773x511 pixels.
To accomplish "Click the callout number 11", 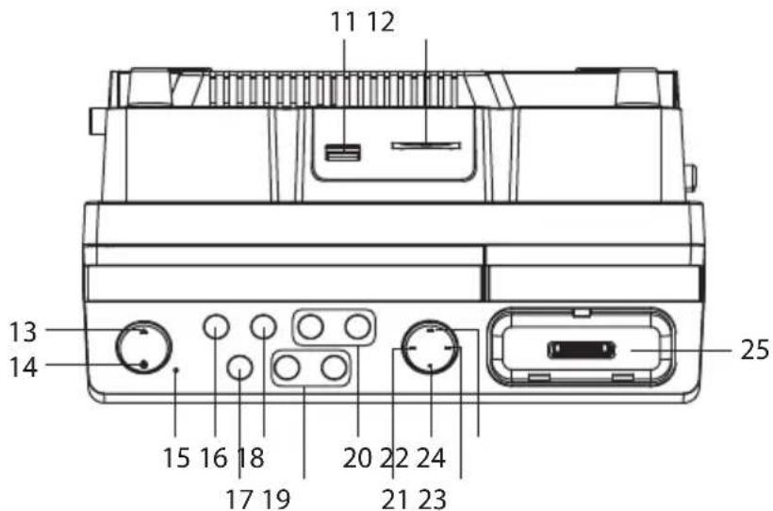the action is [x=342, y=23].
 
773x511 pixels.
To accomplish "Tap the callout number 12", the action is [x=381, y=23].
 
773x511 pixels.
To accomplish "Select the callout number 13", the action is [x=24, y=332].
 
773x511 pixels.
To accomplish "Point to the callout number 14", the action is [x=24, y=368].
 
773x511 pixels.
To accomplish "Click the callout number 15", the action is [x=176, y=457].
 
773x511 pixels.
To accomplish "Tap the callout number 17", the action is [x=239, y=498].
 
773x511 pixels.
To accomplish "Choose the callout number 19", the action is [x=276, y=498].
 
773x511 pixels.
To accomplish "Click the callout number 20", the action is [x=357, y=457].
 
